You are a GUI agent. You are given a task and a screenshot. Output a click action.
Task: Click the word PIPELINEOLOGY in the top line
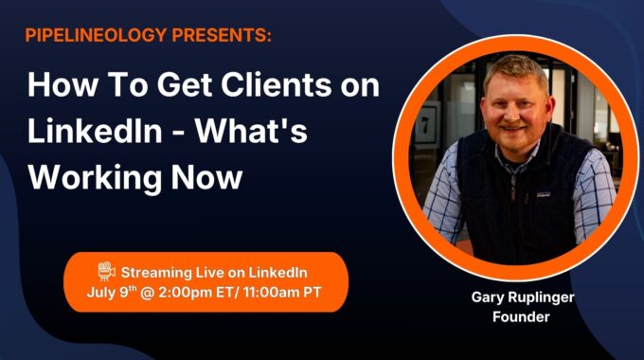96,35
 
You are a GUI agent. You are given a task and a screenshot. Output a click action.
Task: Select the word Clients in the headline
277,84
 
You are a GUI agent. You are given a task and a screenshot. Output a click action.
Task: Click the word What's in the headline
251,131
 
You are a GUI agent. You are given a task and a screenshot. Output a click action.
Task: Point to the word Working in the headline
95,177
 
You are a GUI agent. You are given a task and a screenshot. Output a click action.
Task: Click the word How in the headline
63,84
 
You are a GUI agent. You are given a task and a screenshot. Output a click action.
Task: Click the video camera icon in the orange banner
106,271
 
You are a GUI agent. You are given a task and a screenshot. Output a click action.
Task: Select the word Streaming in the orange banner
156,273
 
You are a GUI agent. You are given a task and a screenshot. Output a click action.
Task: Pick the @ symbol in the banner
148,293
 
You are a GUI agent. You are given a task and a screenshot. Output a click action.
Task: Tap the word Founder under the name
521,316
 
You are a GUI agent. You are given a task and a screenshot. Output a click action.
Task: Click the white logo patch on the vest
544,194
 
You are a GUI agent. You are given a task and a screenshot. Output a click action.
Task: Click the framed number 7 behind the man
425,125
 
